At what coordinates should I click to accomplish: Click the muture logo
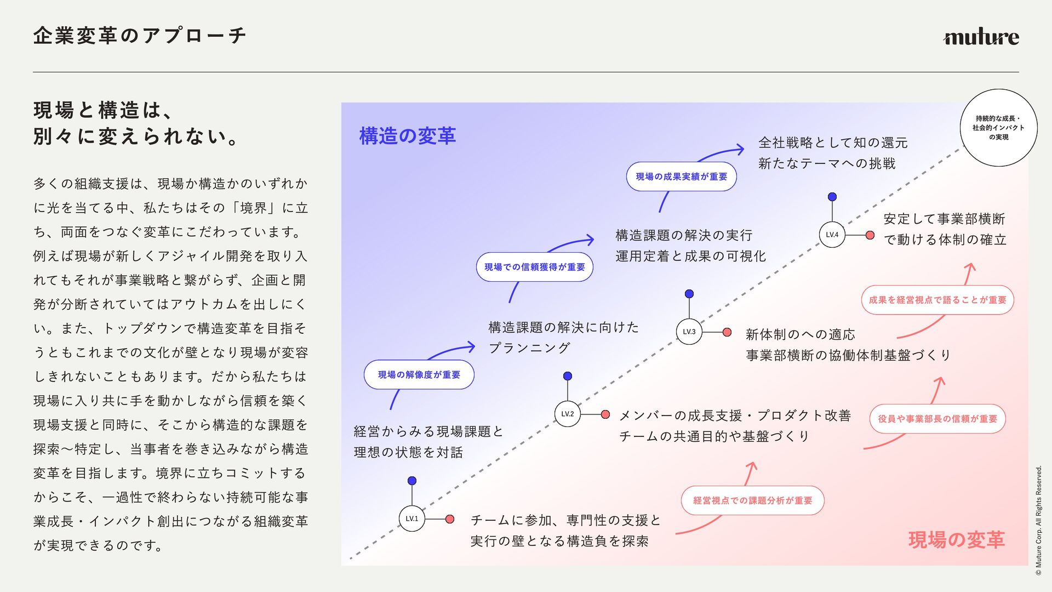[x=981, y=37]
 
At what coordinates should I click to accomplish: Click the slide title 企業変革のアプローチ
[x=140, y=36]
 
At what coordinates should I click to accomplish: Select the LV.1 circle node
[x=412, y=519]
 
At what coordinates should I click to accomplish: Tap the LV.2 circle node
[x=568, y=414]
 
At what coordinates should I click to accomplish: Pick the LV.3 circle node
[x=689, y=332]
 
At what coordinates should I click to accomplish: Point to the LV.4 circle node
[x=832, y=235]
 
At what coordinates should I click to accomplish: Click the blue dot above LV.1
[x=412, y=481]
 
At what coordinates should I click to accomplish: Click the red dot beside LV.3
[x=727, y=332]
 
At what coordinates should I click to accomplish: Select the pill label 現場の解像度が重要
[x=419, y=375]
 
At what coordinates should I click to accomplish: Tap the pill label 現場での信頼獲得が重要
[x=535, y=267]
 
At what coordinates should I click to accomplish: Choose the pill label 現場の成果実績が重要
[x=682, y=177]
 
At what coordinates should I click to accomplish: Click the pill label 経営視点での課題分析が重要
[x=753, y=500]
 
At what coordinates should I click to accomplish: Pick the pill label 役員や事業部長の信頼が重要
[x=937, y=419]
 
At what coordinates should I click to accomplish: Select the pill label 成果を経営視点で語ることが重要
[x=937, y=300]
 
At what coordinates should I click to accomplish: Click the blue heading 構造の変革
[x=408, y=136]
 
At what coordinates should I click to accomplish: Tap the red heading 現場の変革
[x=957, y=540]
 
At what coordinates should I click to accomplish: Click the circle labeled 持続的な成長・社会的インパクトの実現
[x=999, y=128]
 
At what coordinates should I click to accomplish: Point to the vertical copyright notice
[x=1038, y=521]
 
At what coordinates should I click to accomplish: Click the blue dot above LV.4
[x=832, y=197]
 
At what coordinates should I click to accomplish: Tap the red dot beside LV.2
[x=605, y=414]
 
